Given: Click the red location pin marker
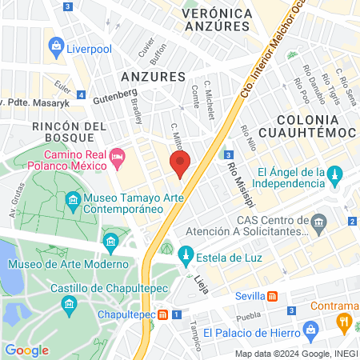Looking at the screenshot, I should tap(180, 166).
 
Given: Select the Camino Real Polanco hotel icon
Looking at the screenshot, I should tap(118, 154).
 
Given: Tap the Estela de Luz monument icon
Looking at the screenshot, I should tap(186, 257).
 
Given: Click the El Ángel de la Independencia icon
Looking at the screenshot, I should tap(336, 174).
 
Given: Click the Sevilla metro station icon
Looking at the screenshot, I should tap(273, 295).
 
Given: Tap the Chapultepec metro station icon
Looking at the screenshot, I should tap(163, 314).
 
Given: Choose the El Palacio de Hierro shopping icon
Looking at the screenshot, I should tap(311, 330).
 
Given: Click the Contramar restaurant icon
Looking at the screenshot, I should tap(345, 322).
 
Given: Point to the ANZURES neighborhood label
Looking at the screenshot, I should tap(152, 76).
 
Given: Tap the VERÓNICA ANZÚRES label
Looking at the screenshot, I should tap(217, 20).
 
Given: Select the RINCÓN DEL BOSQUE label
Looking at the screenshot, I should tap(69, 134).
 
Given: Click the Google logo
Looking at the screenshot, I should tap(26, 350).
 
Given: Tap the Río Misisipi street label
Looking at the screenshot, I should tap(234, 180).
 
